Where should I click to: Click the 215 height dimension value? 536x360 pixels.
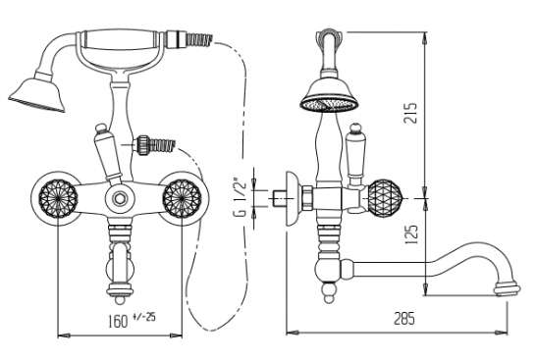(x=410, y=113)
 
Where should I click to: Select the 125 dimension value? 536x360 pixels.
(x=411, y=234)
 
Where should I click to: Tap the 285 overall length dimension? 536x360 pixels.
(x=404, y=319)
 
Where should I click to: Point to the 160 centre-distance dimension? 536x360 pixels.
(x=118, y=321)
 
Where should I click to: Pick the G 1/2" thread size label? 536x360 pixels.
(x=241, y=197)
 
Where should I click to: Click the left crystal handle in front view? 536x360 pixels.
(x=58, y=199)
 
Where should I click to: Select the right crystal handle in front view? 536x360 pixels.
(x=183, y=199)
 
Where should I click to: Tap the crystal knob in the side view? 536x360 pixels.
(x=385, y=198)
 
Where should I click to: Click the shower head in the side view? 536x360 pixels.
(x=329, y=94)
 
